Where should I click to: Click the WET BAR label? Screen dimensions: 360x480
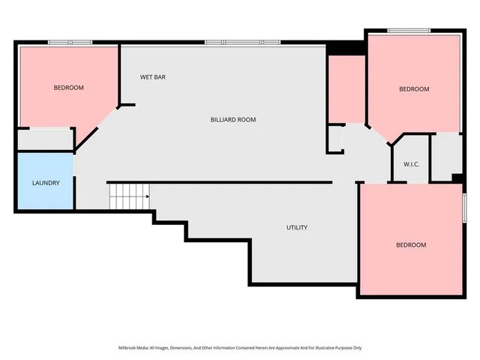tap(153, 77)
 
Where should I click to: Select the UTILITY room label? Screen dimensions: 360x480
tap(296, 227)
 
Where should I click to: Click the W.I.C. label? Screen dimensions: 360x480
tap(410, 164)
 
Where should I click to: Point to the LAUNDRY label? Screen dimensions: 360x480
tap(45, 183)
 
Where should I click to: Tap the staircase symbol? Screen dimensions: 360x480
tap(129, 196)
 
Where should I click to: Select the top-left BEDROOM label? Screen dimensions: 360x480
tap(68, 88)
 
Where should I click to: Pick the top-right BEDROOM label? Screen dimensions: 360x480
tap(413, 89)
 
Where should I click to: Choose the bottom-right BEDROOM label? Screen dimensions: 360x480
tap(410, 245)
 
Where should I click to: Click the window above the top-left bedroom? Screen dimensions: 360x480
tap(70, 42)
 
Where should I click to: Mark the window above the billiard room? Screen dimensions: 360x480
tap(242, 42)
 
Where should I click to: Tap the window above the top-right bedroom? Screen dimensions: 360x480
tap(409, 30)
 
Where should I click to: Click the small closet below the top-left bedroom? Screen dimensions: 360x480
tap(45, 139)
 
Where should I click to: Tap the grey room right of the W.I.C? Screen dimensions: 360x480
tap(445, 156)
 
